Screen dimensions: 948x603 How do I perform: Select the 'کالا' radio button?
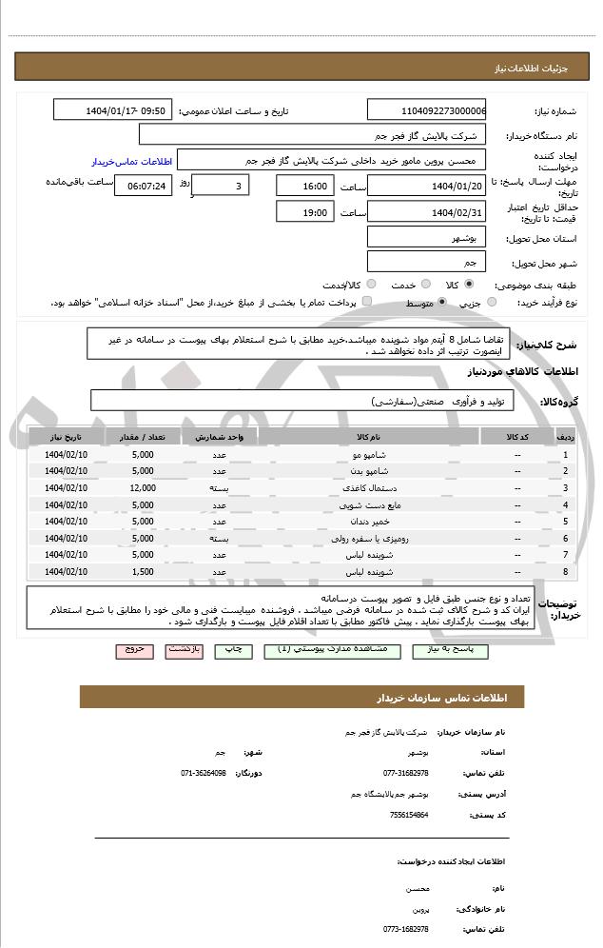tap(469, 284)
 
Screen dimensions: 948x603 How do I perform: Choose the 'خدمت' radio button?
tap(424, 284)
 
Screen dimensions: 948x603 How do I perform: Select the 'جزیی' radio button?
tap(492, 302)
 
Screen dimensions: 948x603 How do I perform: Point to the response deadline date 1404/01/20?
tap(426, 186)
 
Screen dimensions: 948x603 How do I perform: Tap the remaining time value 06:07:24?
tap(142, 186)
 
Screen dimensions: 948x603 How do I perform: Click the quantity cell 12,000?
tap(143, 488)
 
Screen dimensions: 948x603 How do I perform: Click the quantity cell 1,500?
tap(143, 571)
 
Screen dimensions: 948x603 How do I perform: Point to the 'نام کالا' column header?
tap(369, 437)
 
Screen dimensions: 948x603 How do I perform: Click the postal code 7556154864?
tap(409, 815)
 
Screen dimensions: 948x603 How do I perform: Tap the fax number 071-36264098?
tap(204, 773)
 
